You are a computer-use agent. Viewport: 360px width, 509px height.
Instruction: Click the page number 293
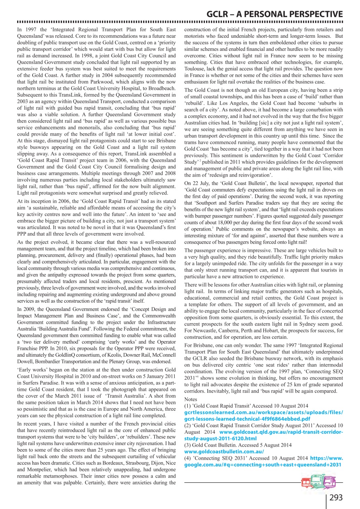(x=336, y=497)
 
